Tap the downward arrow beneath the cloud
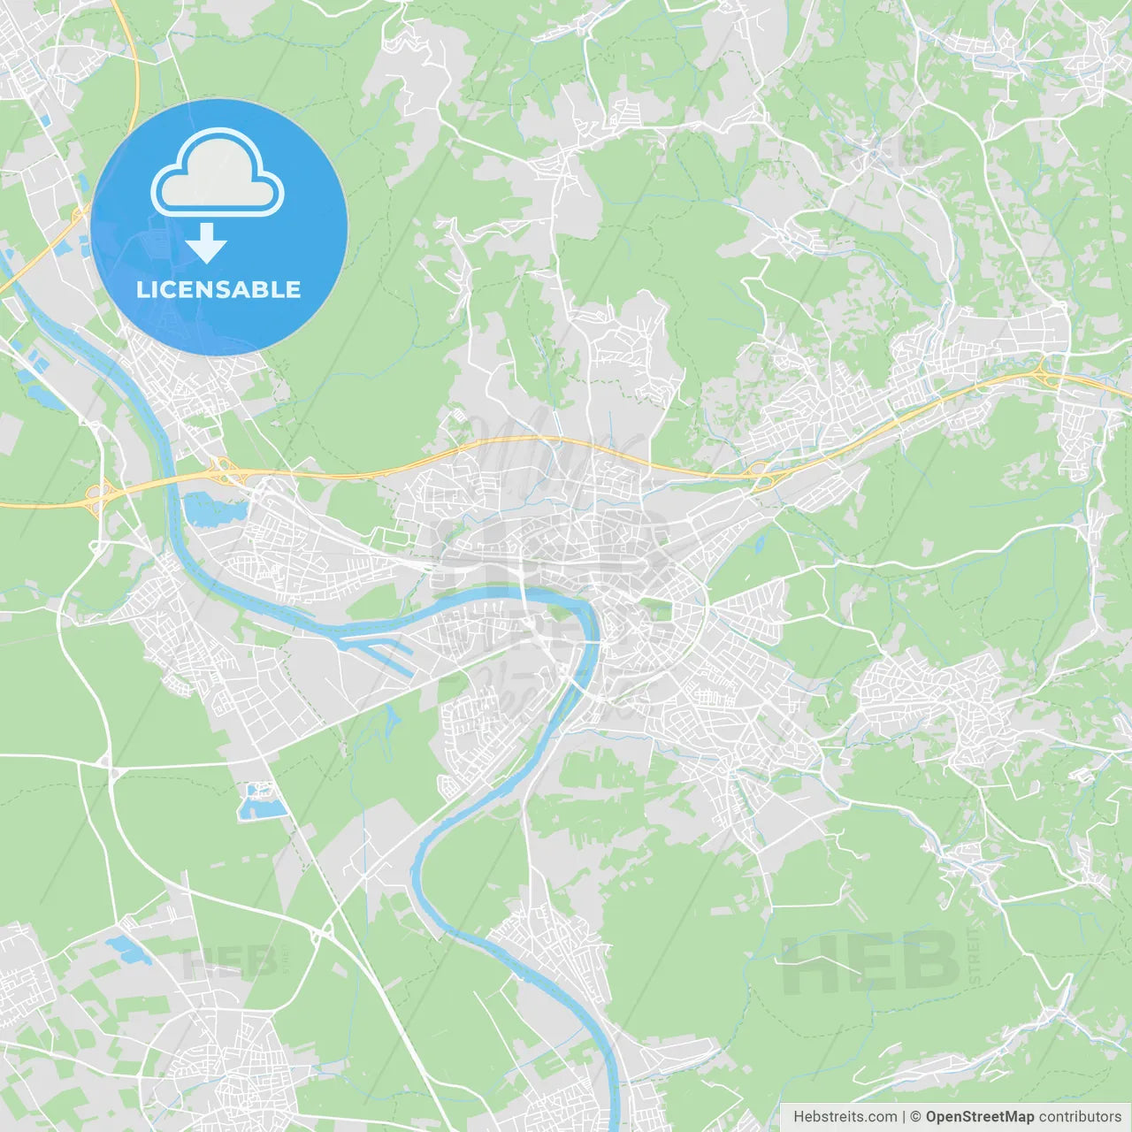point(206,242)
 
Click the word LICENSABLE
point(218,289)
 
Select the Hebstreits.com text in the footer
point(845,1117)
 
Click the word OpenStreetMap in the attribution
point(979,1117)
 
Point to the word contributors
point(1080,1117)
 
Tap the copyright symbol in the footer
point(915,1117)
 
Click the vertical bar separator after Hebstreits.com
point(904,1117)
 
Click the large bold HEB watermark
point(871,962)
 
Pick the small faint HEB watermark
point(228,962)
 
